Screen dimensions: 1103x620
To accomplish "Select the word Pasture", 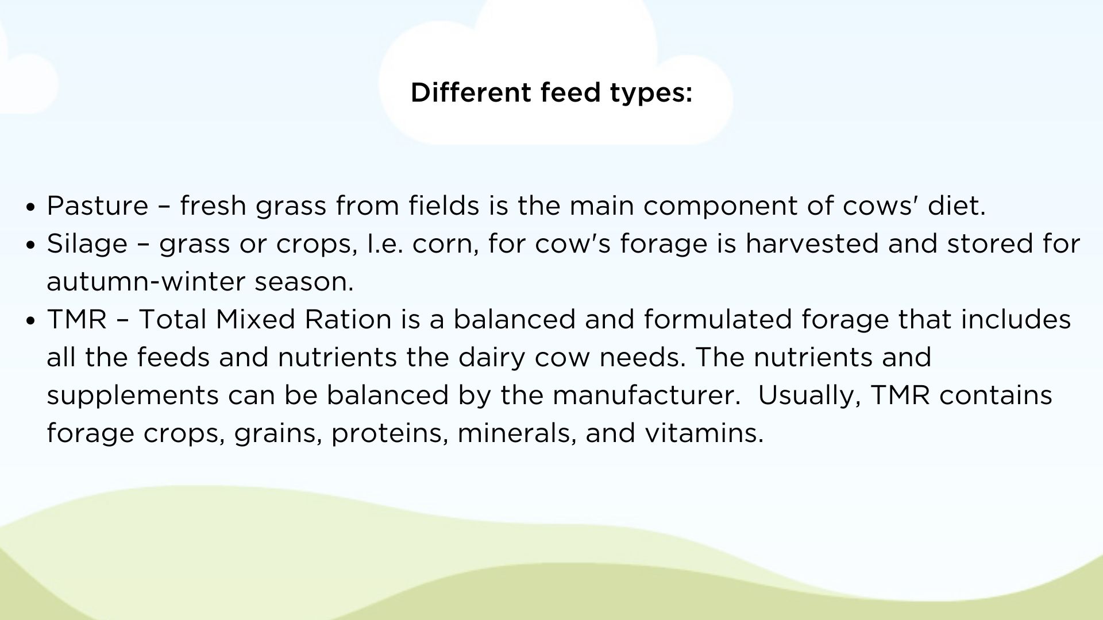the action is (98, 206).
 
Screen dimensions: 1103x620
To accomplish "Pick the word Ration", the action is (348, 319).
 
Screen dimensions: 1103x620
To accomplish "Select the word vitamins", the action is (704, 433).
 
